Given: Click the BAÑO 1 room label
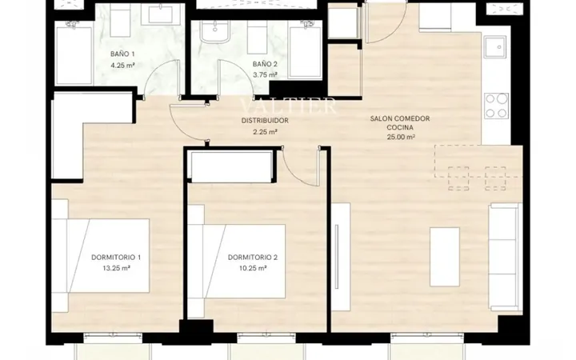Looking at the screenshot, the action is [122, 54].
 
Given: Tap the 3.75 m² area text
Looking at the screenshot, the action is [265, 75].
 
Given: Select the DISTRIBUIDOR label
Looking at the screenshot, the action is [265, 121].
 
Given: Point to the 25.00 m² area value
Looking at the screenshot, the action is [401, 137].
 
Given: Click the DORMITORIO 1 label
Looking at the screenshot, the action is [116, 258].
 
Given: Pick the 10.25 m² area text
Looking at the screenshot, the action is [253, 268].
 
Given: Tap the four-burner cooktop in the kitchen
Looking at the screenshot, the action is [496, 106].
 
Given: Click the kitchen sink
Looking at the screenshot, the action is [495, 46].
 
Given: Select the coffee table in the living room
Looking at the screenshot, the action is [445, 257].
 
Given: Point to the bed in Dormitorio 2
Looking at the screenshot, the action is [237, 261].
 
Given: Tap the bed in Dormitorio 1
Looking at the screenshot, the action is [100, 256].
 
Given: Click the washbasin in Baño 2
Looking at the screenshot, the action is [214, 31].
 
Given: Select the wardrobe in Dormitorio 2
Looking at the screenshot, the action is [231, 166].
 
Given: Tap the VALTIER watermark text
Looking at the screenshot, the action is [288, 106].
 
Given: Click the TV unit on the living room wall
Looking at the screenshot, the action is [341, 257].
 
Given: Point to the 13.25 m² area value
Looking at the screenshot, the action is [116, 268].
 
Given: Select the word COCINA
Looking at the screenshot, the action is [400, 128].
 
